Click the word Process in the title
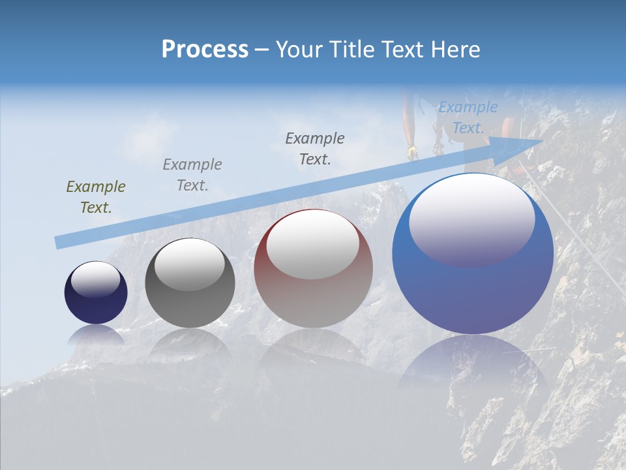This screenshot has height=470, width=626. [x=205, y=50]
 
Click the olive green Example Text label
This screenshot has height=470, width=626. [x=96, y=197]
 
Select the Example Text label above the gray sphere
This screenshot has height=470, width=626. [x=192, y=175]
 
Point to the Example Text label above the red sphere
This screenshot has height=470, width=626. [x=315, y=148]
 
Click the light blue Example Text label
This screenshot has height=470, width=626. [x=468, y=117]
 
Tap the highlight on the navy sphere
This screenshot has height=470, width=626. [x=96, y=280]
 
